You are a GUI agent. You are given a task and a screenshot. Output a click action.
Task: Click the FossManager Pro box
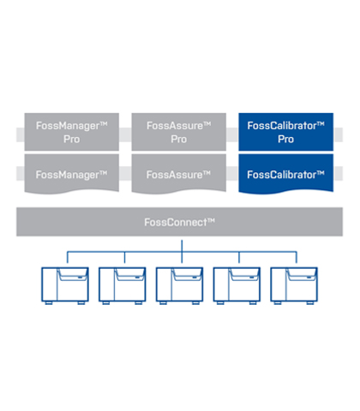point(72,132)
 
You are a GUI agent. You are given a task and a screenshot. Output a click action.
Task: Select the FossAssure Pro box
point(179,132)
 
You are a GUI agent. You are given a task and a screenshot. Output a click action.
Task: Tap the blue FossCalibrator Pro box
point(286,132)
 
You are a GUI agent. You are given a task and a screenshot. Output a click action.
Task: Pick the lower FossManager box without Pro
point(72,174)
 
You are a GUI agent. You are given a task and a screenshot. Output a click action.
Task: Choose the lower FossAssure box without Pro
point(179,174)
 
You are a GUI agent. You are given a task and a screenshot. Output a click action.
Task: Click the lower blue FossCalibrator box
point(286,174)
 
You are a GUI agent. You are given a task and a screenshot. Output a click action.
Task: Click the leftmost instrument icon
point(65,286)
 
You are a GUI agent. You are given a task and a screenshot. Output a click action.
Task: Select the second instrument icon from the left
point(123,286)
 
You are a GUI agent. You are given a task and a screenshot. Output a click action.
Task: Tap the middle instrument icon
point(179,286)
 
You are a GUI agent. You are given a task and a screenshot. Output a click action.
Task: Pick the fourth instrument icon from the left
point(237,286)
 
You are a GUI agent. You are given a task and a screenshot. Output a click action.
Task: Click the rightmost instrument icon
point(294,286)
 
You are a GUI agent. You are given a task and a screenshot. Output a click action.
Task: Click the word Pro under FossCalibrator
point(286,140)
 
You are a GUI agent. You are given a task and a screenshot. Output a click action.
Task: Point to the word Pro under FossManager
point(72,140)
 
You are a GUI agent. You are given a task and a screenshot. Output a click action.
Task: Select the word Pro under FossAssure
point(179,140)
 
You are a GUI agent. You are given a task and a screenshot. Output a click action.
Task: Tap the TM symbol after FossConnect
point(211,220)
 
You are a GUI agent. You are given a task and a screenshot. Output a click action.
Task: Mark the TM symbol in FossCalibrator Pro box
point(321,123)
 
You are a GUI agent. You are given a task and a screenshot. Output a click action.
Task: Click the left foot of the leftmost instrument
point(49,303)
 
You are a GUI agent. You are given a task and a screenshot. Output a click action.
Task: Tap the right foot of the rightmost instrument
point(310,303)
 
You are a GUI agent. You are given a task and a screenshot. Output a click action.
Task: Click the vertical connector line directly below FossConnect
point(182,252)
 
